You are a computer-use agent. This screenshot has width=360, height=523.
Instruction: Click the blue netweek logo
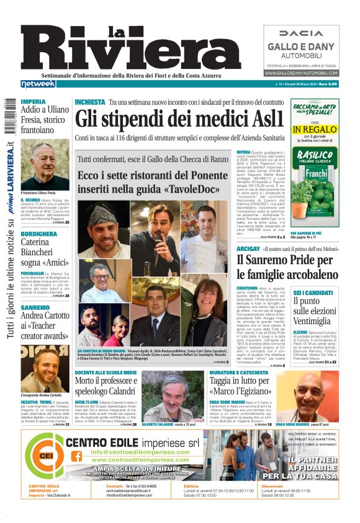38,84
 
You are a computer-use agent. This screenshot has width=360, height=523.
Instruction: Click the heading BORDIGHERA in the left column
38,234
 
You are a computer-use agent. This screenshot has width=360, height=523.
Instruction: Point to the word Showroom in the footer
271,486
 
